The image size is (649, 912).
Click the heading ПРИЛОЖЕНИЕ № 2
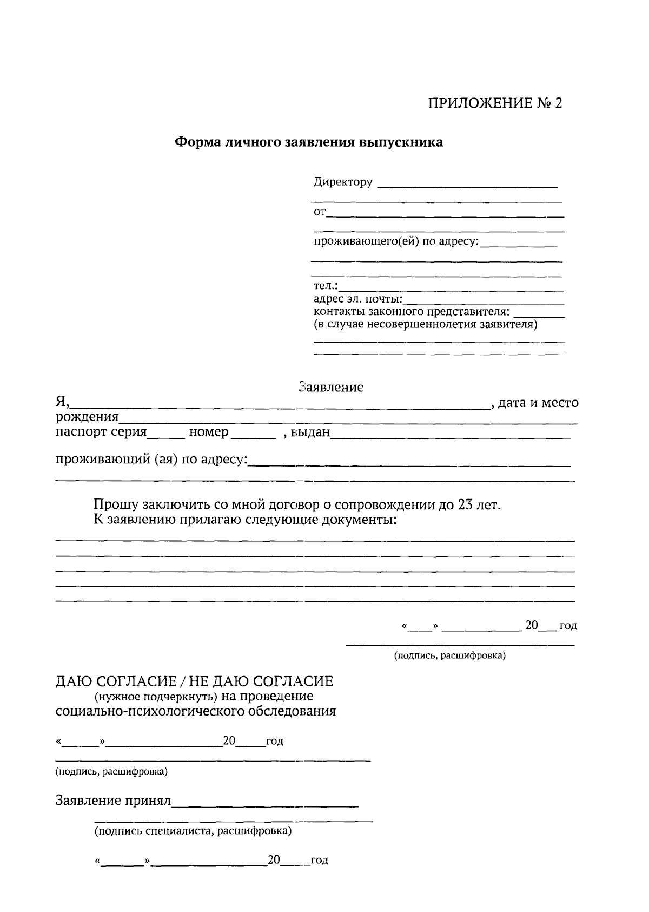495,103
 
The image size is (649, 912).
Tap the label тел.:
326,286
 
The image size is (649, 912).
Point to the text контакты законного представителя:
412,312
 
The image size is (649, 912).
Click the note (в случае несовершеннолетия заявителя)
425,325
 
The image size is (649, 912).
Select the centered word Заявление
331,388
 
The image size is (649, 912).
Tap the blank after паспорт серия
166,436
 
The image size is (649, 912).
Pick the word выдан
310,433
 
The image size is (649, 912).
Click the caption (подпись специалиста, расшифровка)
193,831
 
